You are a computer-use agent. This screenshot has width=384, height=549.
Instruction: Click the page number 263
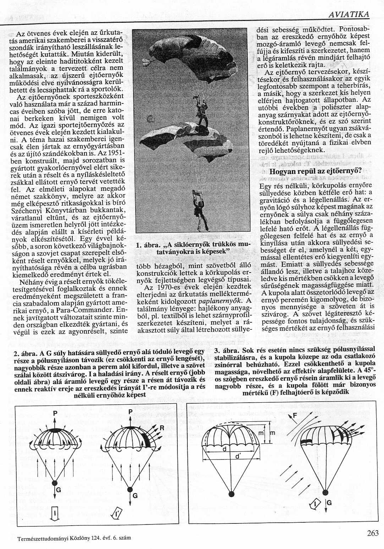coord(373,533)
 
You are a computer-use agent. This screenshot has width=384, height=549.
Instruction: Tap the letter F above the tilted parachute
coord(295,416)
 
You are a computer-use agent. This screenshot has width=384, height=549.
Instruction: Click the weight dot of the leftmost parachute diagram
coord(55,483)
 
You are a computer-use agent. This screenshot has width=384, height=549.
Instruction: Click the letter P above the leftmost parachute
coord(55,413)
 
